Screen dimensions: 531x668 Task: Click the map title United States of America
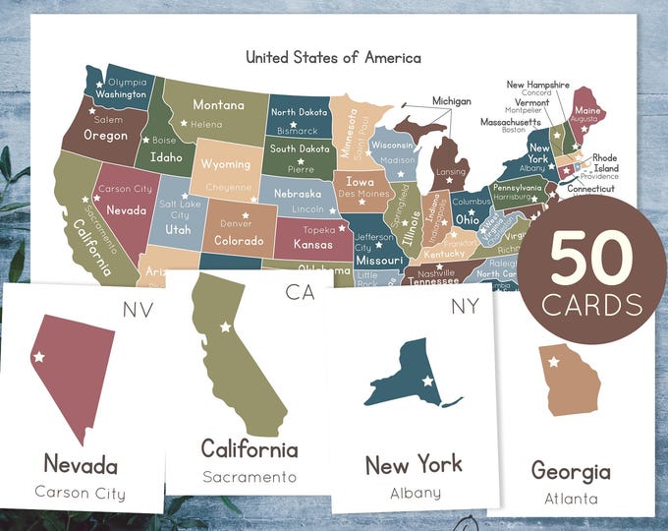click(333, 57)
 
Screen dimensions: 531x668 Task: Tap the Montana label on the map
click(218, 105)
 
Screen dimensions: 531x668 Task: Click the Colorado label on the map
click(239, 240)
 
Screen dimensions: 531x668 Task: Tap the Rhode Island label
click(604, 162)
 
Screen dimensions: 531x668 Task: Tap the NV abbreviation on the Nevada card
click(138, 311)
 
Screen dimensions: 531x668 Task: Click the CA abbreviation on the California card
click(301, 292)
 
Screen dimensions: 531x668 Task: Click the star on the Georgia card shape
click(553, 362)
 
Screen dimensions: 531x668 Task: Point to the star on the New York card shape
click(427, 380)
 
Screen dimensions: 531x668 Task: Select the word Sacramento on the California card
click(249, 477)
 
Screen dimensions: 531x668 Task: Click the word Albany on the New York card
click(415, 493)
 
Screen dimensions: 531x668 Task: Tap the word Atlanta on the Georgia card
click(571, 499)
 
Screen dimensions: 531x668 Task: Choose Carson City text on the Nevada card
click(80, 493)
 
